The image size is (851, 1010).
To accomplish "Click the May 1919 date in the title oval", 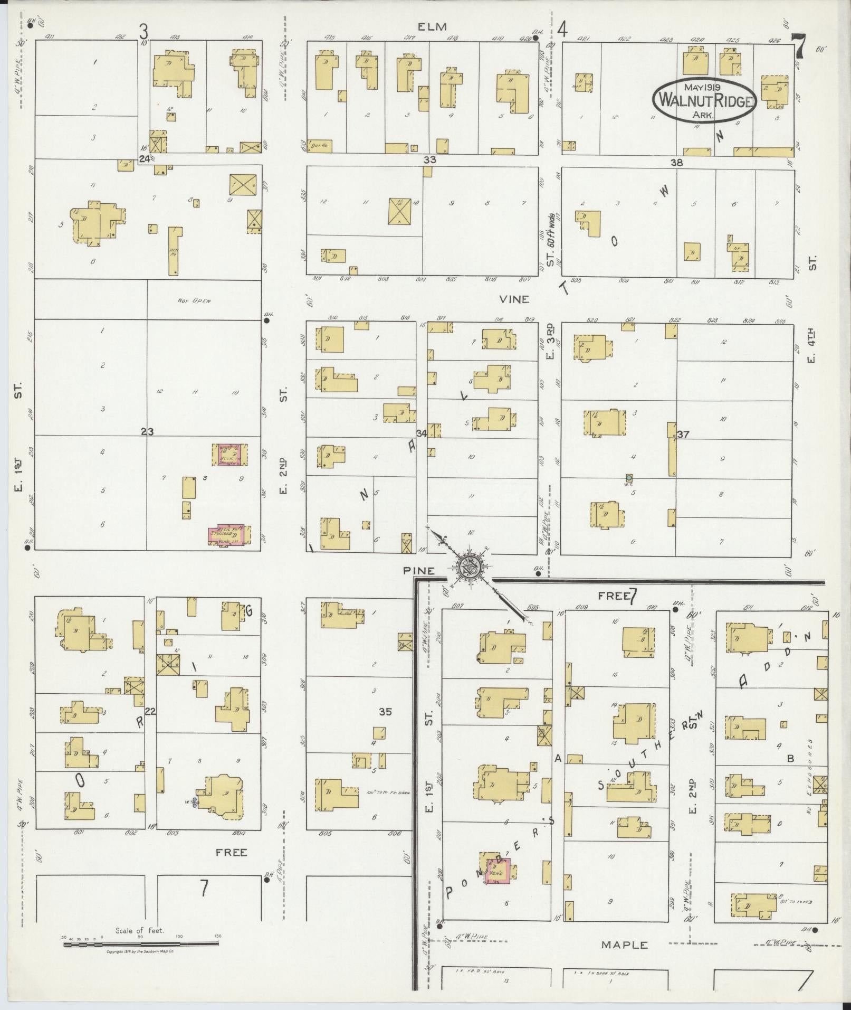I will click(704, 86).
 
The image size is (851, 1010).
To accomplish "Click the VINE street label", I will click(516, 299).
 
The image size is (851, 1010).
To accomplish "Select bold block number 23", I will click(147, 432).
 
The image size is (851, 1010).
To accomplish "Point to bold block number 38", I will click(676, 163).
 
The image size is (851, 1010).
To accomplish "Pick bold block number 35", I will click(385, 712).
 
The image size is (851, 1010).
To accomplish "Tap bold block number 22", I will click(150, 712).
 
